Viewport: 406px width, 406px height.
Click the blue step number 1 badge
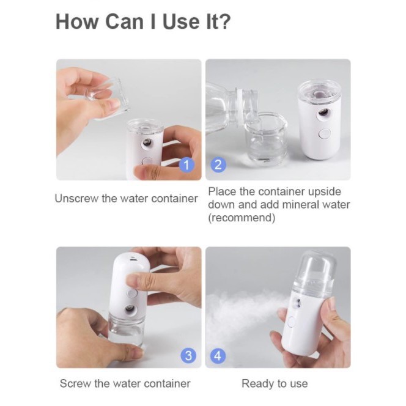186,164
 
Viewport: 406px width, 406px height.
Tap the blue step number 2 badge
218,164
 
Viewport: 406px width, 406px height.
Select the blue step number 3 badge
188,355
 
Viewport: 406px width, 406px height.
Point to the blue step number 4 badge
218,355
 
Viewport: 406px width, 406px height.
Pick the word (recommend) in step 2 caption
242,218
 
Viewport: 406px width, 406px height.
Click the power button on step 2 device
325,134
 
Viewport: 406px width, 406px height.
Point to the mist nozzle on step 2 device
323,113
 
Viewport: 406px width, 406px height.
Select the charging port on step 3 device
133,259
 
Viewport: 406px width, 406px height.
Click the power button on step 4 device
291,322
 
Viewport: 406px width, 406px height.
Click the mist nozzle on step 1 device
147,142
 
